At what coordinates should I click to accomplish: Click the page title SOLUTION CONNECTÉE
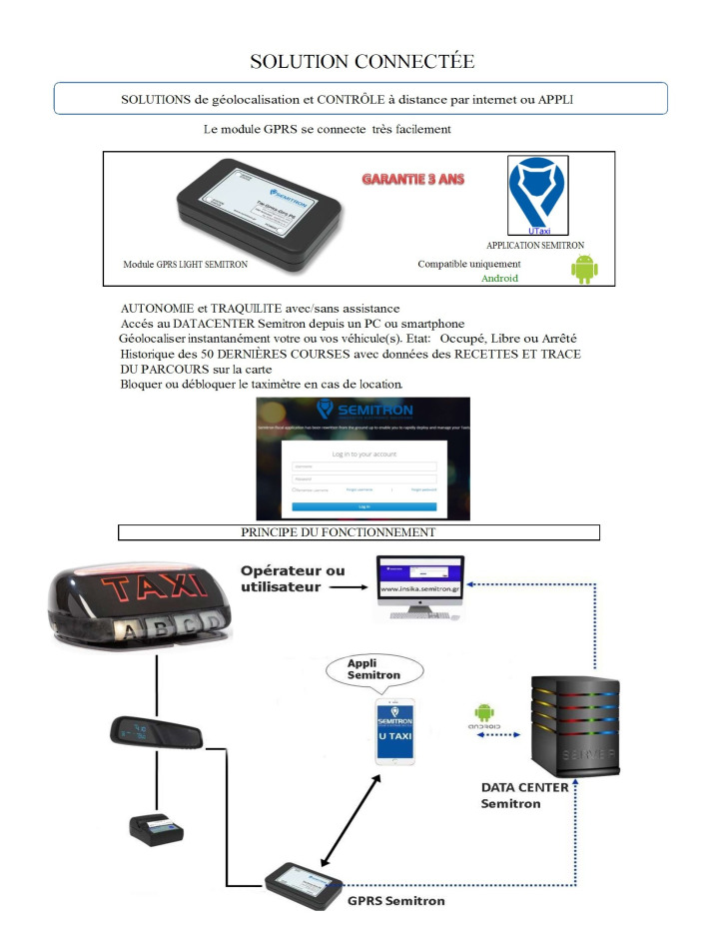361,62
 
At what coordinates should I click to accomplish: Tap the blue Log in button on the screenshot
364,507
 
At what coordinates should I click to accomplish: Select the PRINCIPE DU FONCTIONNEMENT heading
359,532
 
